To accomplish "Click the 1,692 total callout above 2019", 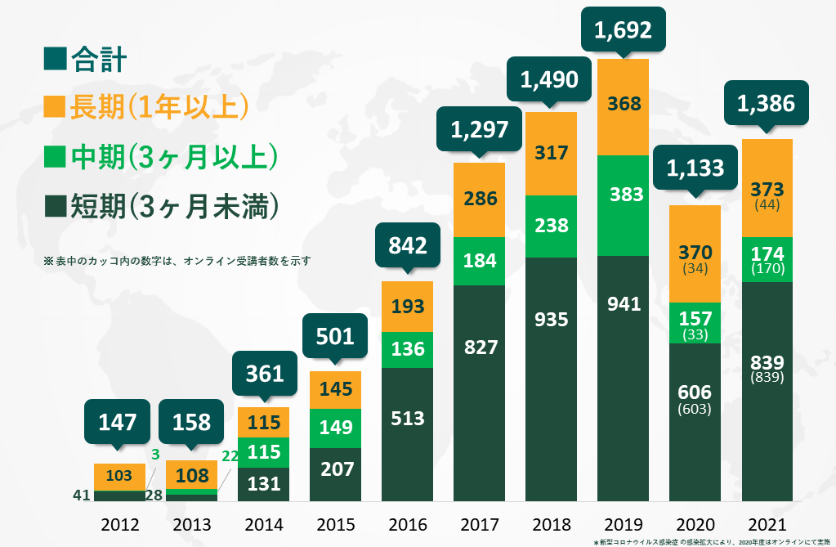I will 623,31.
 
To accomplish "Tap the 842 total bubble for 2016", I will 408,246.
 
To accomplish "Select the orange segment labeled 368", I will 623,105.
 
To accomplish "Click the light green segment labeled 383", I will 623,195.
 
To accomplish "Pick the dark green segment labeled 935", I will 551,320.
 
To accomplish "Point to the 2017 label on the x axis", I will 479,524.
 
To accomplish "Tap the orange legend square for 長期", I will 55,106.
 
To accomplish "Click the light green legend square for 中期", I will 55,155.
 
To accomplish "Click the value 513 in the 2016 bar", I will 408,419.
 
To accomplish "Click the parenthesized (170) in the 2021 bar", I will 767,268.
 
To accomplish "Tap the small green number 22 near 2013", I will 230,456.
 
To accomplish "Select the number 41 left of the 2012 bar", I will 80,495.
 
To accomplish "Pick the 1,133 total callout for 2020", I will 695,168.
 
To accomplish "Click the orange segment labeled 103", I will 119,476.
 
